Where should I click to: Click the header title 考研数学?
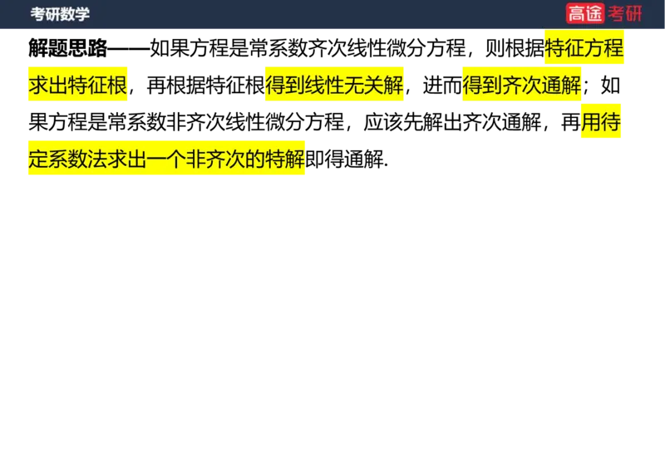click(60, 14)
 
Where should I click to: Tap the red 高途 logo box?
click(585, 13)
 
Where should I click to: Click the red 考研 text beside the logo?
click(625, 13)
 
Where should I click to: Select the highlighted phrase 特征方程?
click(584, 48)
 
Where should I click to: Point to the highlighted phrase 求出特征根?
click(79, 86)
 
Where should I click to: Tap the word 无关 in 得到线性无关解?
click(364, 86)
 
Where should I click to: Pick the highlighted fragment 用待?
click(600, 123)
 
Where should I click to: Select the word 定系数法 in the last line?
click(68, 159)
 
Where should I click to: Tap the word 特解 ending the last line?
click(285, 159)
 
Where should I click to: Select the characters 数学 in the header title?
click(75, 14)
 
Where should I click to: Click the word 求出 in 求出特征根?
click(48, 86)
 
